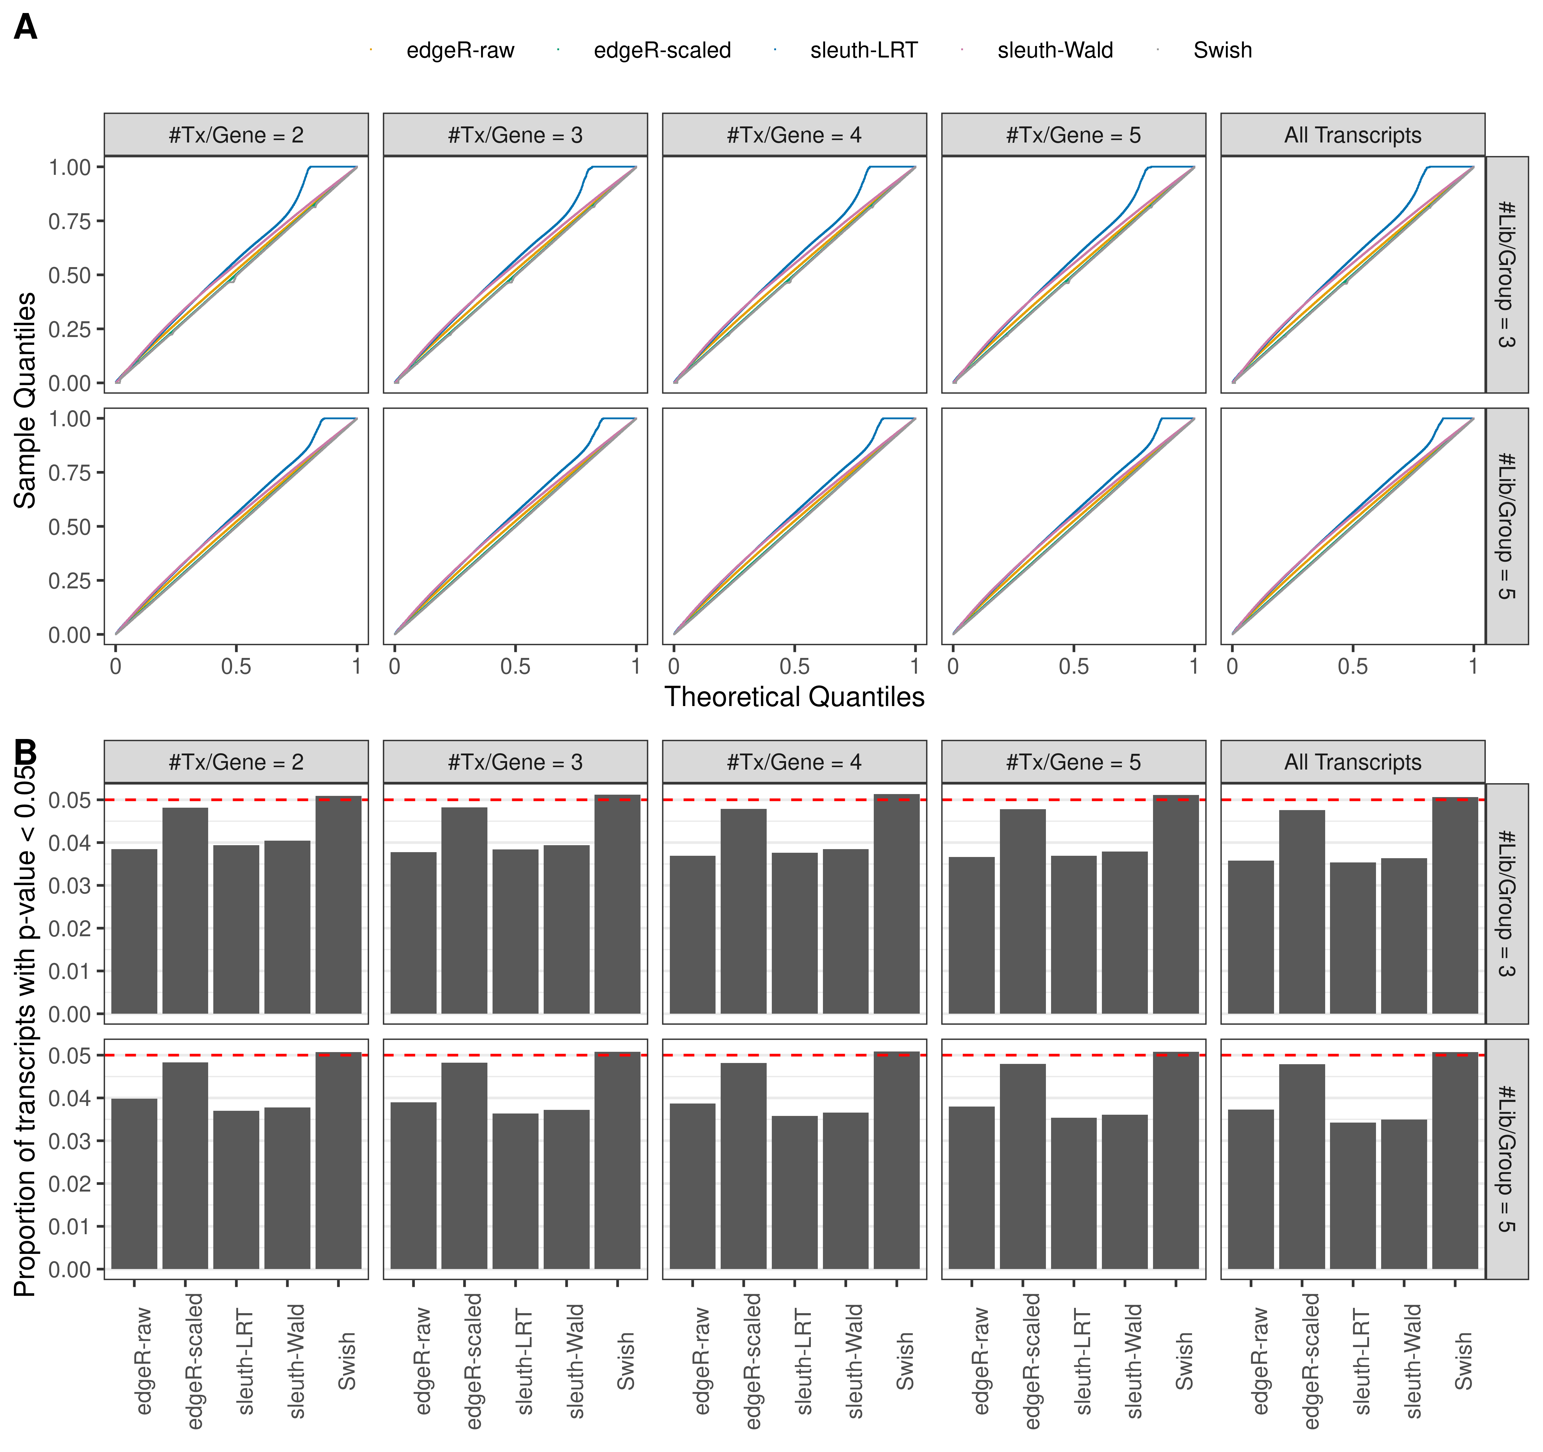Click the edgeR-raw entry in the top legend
460,51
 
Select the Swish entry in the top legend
1222,51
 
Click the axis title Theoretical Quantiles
794,697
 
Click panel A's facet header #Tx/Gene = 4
794,135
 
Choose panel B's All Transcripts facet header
1352,762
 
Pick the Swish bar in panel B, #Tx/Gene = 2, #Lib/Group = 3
339,905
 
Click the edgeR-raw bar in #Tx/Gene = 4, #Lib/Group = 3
692,934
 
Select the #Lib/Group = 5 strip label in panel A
1506,526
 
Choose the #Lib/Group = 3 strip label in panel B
1506,903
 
